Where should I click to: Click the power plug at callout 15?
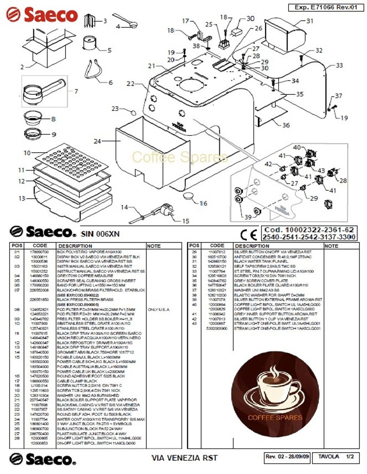point(163,213)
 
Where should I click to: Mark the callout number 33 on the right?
point(339,66)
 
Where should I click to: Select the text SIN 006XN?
point(100,233)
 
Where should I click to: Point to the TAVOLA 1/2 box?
point(335,457)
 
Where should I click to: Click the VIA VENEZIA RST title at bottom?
point(184,458)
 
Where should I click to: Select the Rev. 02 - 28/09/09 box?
point(287,457)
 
